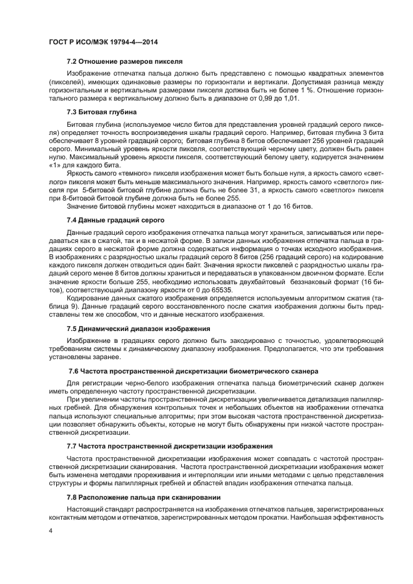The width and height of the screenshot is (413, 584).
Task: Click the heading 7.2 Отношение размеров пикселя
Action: [x=124, y=62]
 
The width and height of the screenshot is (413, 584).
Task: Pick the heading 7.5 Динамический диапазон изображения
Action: [x=138, y=328]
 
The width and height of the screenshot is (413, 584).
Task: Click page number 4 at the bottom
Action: [x=51, y=532]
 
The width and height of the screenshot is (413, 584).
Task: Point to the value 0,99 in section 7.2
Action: [x=256, y=98]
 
